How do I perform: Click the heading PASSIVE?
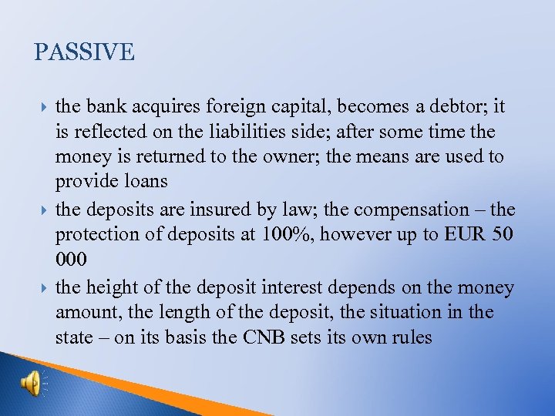pyautogui.click(x=85, y=52)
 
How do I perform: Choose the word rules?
pyautogui.click(x=411, y=338)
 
